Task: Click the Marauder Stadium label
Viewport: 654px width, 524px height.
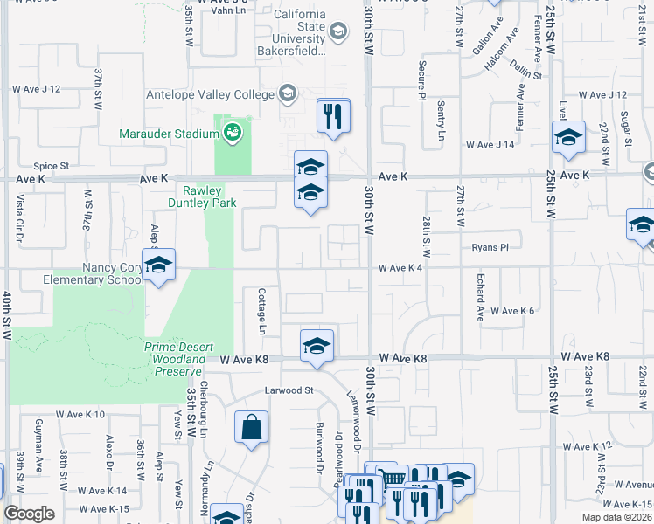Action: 169,134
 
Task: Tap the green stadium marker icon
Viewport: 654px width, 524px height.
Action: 232,133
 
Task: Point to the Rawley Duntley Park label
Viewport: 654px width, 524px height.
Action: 197,196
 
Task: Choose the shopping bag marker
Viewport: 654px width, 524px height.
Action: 251,428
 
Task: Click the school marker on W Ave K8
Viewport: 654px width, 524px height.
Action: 317,346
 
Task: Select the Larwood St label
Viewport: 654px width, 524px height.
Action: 289,390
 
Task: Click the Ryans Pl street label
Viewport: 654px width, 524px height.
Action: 489,247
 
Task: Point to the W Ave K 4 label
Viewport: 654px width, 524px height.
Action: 400,268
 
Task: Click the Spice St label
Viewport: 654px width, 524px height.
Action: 51,166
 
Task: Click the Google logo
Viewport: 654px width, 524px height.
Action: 29,514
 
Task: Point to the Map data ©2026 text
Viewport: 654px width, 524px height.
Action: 616,516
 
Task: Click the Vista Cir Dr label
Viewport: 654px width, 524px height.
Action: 19,219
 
